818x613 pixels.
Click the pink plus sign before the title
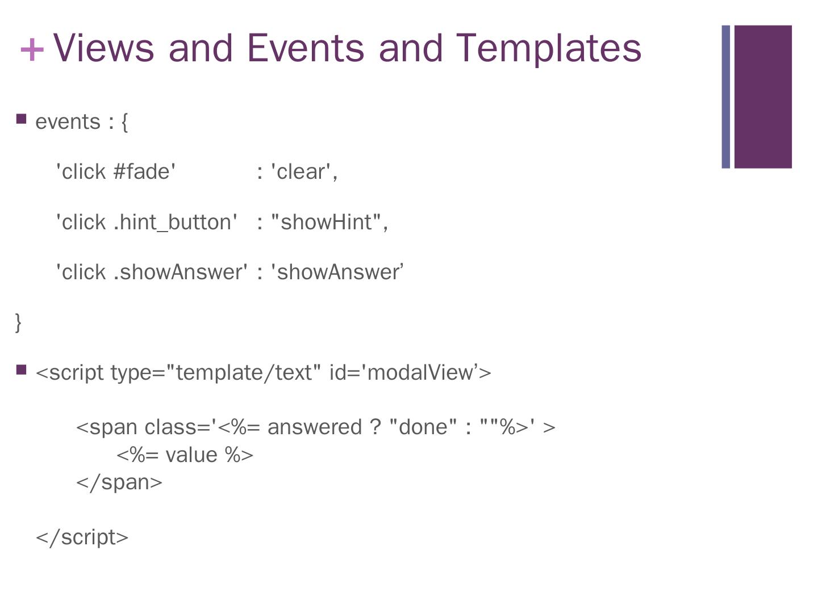point(32,49)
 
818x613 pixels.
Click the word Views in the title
point(103,48)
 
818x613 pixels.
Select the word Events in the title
point(305,48)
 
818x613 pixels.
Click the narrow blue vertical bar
point(725,96)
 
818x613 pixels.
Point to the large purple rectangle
point(763,96)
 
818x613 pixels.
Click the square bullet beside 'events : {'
point(22,119)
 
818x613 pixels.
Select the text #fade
point(144,171)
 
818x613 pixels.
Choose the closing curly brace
point(18,322)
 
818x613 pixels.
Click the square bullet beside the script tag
point(22,370)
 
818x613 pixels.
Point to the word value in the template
point(191,455)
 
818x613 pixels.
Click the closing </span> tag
point(119,482)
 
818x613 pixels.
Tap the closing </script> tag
point(82,537)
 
